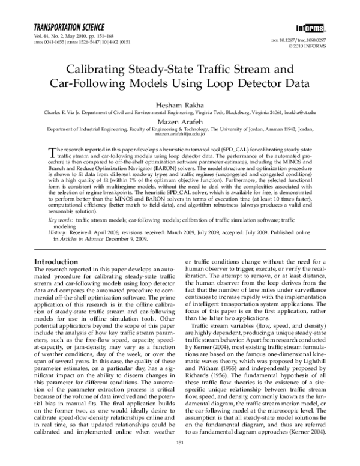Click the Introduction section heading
[59, 262]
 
